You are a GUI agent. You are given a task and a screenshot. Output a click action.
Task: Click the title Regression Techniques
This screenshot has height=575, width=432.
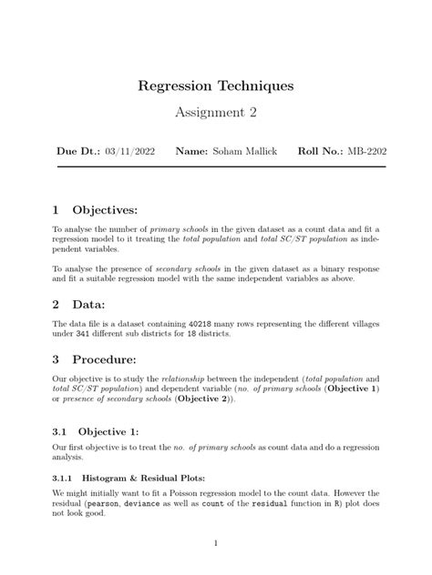pos(216,86)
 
